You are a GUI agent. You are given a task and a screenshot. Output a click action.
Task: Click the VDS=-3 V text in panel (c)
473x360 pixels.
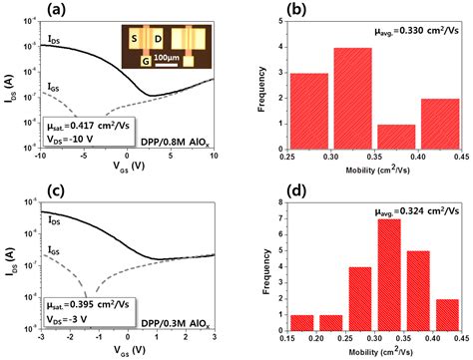coord(78,310)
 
